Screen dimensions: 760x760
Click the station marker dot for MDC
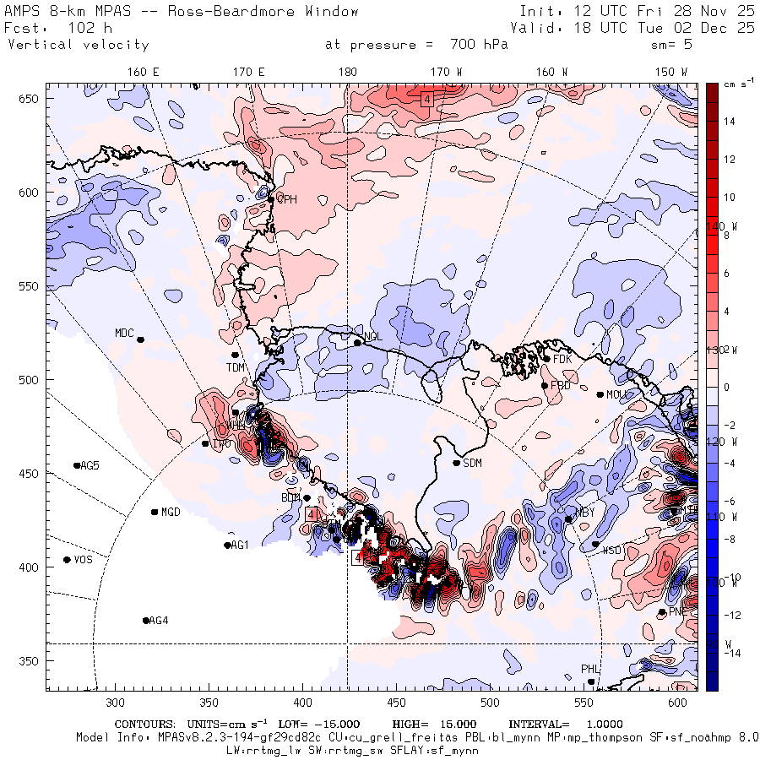coord(141,339)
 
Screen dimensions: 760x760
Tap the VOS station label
coord(83,560)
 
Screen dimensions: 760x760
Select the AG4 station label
coord(159,621)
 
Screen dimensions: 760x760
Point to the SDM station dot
coord(457,463)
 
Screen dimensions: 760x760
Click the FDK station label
coord(563,359)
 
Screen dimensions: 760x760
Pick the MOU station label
coord(617,394)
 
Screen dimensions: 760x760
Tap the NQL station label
coord(373,337)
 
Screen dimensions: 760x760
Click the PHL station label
coord(589,669)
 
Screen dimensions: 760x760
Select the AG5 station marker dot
coord(77,465)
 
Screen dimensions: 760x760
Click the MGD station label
coord(171,513)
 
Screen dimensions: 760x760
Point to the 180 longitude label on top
coord(347,73)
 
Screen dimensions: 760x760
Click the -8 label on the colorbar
coord(728,540)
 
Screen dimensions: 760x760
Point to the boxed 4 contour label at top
coord(427,99)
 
